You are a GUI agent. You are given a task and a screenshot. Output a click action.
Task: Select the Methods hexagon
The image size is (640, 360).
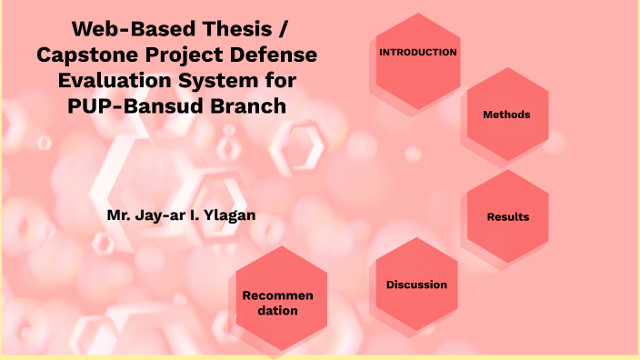pyautogui.click(x=506, y=115)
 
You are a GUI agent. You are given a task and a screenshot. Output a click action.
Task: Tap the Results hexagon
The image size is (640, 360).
pyautogui.click(x=507, y=216)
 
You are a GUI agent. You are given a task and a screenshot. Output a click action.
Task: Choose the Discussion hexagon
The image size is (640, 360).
pyautogui.click(x=416, y=285)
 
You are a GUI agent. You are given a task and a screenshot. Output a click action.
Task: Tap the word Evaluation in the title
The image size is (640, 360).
pyautogui.click(x=108, y=80)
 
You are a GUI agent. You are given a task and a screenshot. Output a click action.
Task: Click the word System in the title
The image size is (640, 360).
pyautogui.click(x=213, y=80)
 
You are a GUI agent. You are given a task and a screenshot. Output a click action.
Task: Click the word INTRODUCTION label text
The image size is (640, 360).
pyautogui.click(x=417, y=52)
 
